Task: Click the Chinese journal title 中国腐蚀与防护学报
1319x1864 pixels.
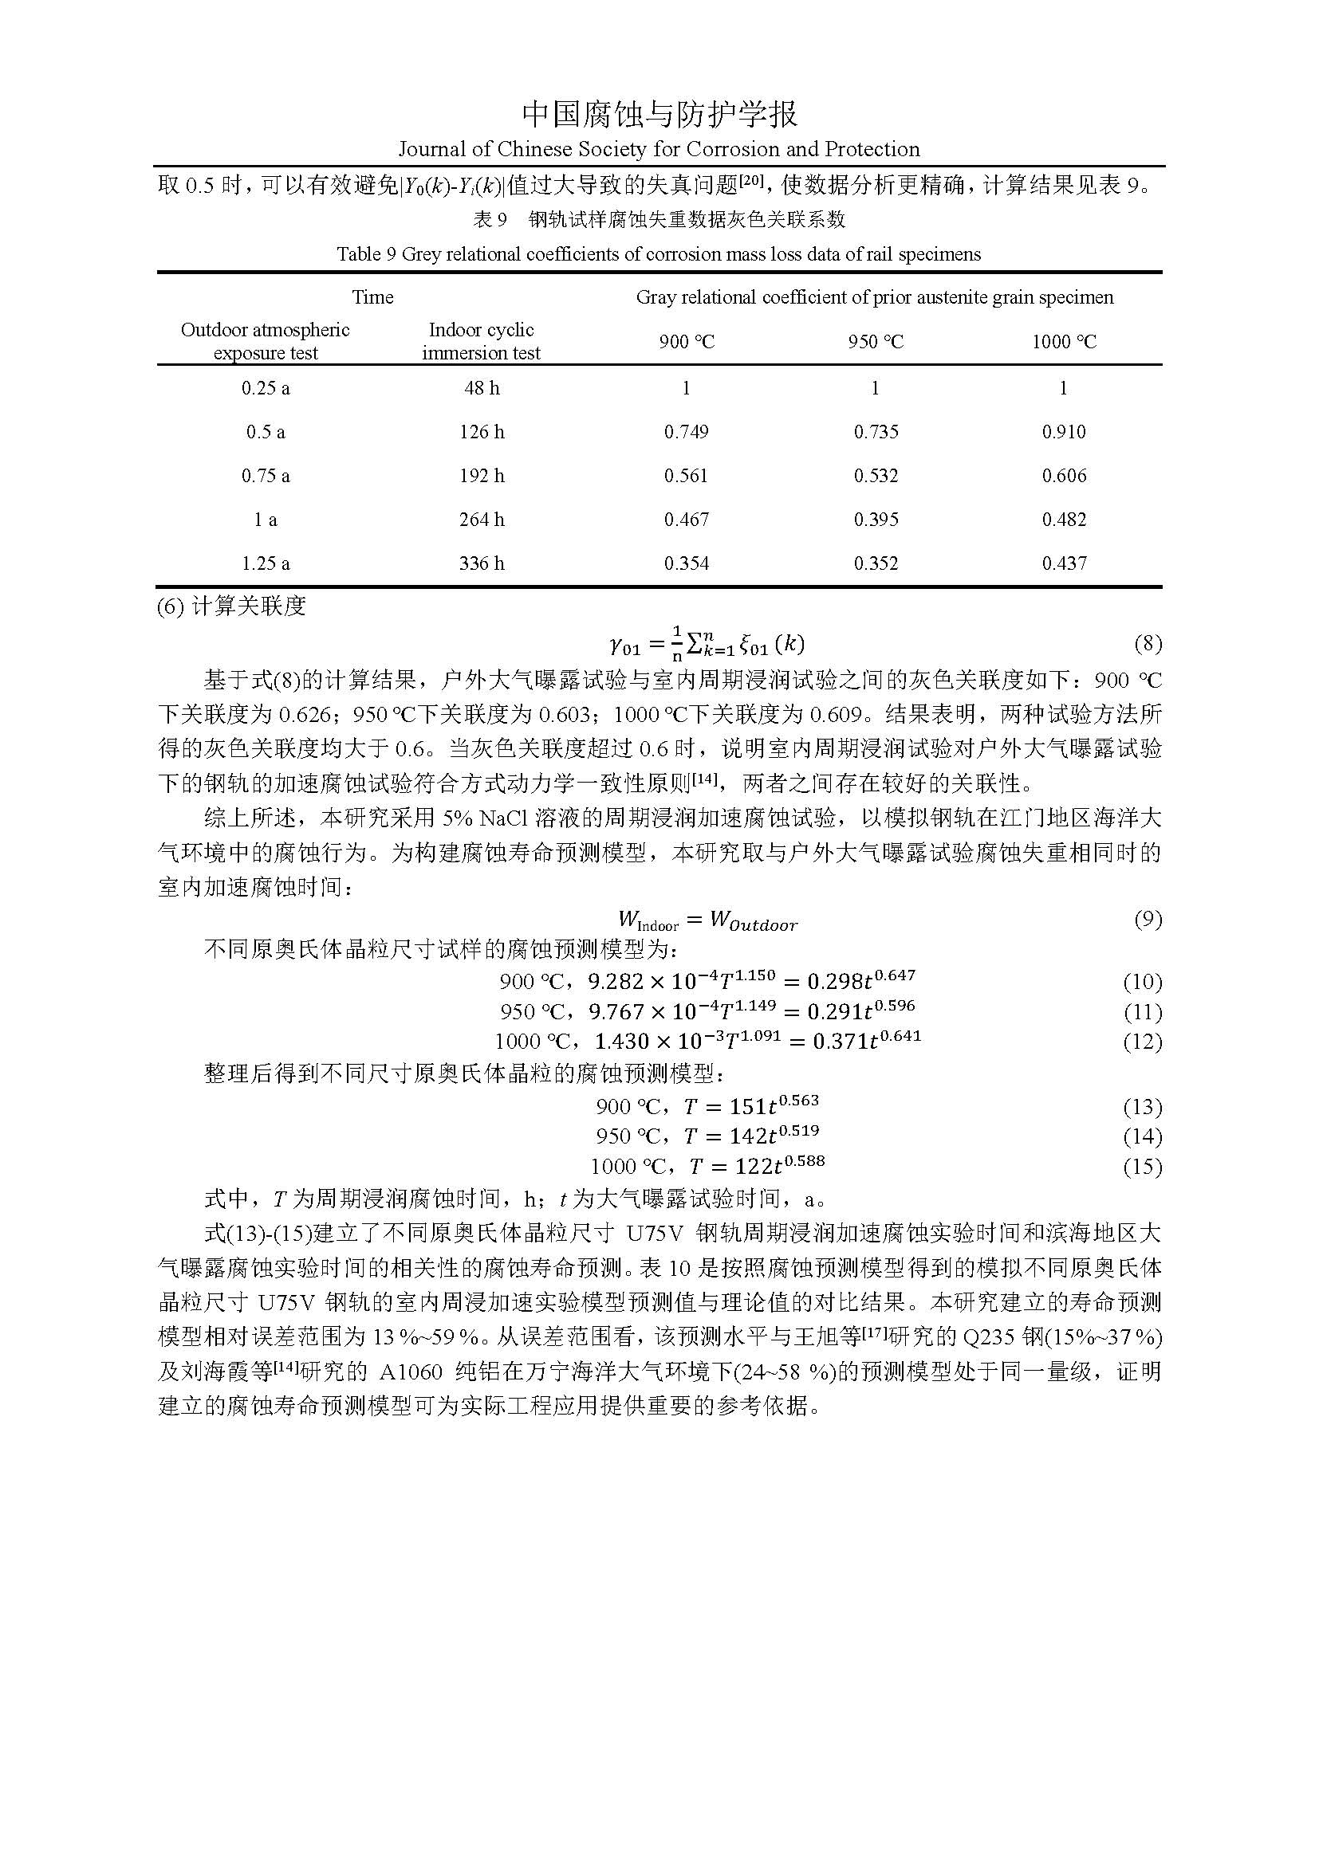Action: [x=659, y=115]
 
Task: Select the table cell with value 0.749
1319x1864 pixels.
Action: [x=687, y=432]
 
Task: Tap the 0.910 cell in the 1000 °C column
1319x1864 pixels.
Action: [x=1063, y=432]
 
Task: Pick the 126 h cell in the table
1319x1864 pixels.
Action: [x=481, y=432]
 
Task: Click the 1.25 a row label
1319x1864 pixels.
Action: [x=266, y=563]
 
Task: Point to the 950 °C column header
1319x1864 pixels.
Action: [x=876, y=342]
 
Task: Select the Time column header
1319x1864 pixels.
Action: [x=372, y=297]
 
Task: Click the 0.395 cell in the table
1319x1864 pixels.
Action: [x=876, y=520]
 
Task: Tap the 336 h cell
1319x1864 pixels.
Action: [x=481, y=563]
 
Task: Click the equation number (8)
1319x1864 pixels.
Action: [x=1147, y=644]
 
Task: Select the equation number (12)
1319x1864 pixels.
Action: [x=1142, y=1042]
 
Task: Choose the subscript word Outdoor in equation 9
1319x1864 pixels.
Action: [x=762, y=925]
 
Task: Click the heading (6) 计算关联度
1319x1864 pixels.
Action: [x=231, y=606]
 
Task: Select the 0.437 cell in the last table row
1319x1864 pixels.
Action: [x=1063, y=563]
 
